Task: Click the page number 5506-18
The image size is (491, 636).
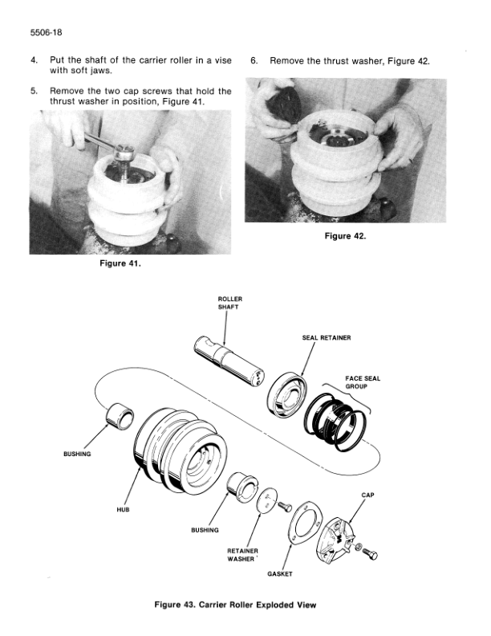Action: pyautogui.click(x=47, y=32)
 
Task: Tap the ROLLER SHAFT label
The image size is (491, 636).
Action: pyautogui.click(x=229, y=303)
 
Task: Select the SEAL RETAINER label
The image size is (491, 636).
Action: pyautogui.click(x=327, y=337)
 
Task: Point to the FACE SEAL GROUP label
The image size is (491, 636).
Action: pyautogui.click(x=363, y=382)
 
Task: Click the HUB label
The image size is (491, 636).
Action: pyautogui.click(x=124, y=509)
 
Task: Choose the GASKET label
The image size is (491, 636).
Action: pyautogui.click(x=280, y=574)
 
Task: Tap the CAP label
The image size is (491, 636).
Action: pyautogui.click(x=367, y=495)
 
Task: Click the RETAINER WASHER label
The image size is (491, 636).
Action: pyautogui.click(x=242, y=555)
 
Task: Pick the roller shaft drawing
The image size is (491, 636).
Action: pyautogui.click(x=229, y=361)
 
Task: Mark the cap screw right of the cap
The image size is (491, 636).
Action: pyautogui.click(x=370, y=553)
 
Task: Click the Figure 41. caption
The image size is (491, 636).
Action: pyautogui.click(x=120, y=263)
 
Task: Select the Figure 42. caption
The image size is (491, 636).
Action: pyautogui.click(x=345, y=236)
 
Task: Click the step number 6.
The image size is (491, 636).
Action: pyautogui.click(x=254, y=61)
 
